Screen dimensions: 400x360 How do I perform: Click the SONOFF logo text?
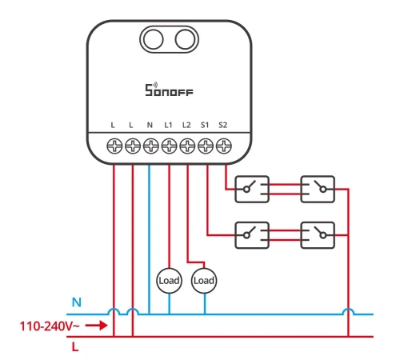pyautogui.click(x=169, y=90)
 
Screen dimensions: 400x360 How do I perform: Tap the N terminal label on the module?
pyautogui.click(x=150, y=125)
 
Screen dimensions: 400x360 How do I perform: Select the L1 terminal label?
pyautogui.click(x=168, y=125)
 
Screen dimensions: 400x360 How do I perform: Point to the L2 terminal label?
pyautogui.click(x=186, y=125)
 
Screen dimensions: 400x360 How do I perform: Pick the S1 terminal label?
pyautogui.click(x=205, y=125)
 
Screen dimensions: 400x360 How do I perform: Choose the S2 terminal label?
pyautogui.click(x=222, y=125)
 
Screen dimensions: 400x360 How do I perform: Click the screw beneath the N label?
pyautogui.click(x=151, y=146)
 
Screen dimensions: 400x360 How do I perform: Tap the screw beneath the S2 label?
pyautogui.click(x=224, y=146)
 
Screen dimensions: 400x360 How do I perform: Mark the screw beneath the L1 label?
pyautogui.click(x=169, y=146)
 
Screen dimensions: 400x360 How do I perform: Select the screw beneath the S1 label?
pyautogui.click(x=206, y=146)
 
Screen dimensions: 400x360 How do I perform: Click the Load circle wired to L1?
pyautogui.click(x=169, y=281)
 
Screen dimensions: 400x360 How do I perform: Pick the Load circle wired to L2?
pyautogui.click(x=204, y=281)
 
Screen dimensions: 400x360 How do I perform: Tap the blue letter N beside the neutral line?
pyautogui.click(x=77, y=302)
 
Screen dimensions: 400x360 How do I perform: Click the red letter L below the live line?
pyautogui.click(x=75, y=347)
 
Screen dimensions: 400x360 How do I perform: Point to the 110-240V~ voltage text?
pyautogui.click(x=50, y=326)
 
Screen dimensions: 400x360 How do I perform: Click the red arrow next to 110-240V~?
pyautogui.click(x=97, y=326)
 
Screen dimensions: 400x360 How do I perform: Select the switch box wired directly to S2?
pyautogui.click(x=252, y=189)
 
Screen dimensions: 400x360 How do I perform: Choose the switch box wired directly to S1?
pyautogui.click(x=252, y=235)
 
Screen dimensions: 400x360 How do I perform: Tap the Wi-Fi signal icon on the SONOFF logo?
pyautogui.click(x=155, y=85)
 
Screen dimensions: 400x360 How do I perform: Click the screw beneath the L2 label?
pyautogui.click(x=187, y=146)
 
